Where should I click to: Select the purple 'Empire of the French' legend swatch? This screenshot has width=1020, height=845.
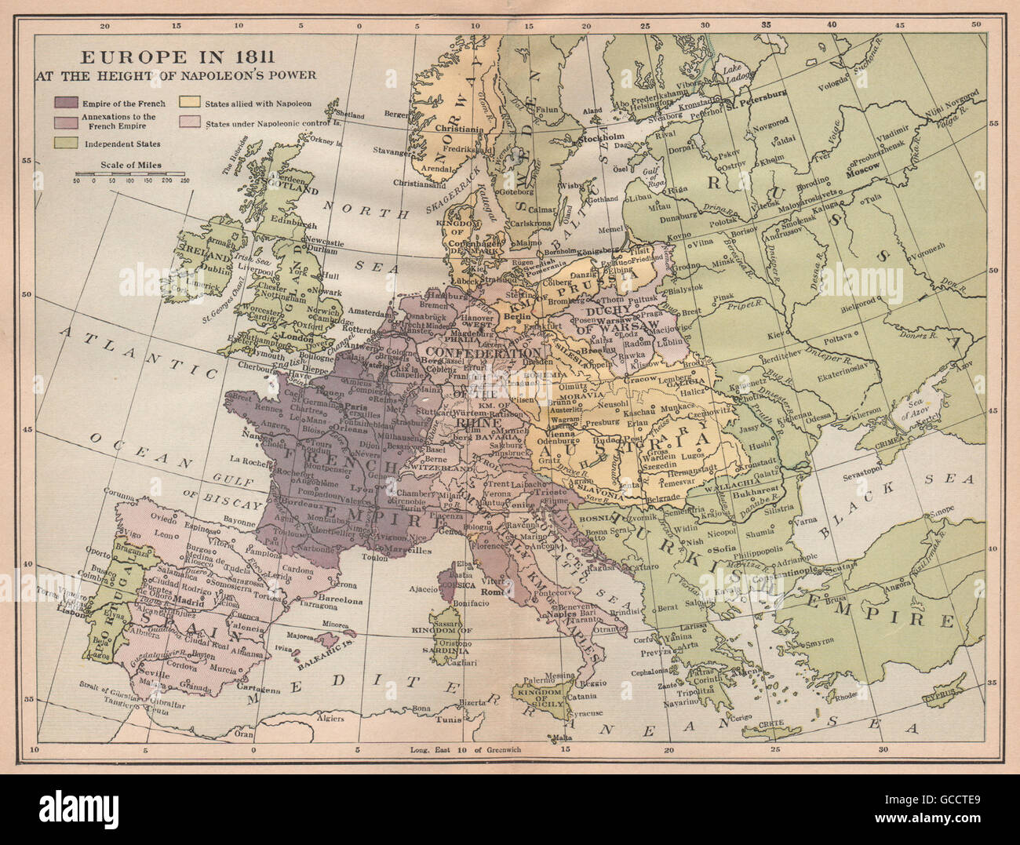point(66,103)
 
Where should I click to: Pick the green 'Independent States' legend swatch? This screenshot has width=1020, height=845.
point(66,144)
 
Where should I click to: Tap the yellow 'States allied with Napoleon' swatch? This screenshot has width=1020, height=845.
point(189,103)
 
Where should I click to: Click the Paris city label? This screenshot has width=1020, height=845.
point(358,406)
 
